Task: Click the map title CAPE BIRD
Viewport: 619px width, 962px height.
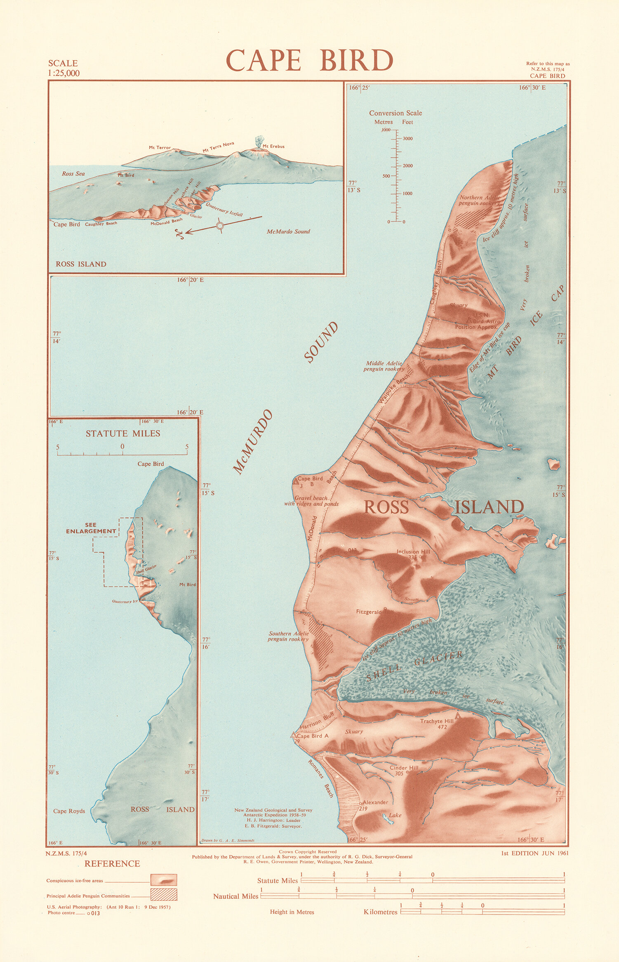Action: [x=309, y=60]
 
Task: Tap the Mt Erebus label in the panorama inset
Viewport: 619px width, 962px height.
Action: [x=273, y=146]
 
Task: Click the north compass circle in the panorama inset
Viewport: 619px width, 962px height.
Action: [x=220, y=225]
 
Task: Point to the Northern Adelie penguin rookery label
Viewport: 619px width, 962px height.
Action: [x=480, y=200]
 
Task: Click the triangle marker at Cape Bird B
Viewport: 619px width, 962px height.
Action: [x=295, y=481]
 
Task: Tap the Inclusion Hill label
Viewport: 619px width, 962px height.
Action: [x=413, y=552]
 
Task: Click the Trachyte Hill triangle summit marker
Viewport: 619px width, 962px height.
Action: [x=457, y=716]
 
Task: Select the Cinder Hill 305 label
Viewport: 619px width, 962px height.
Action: [x=404, y=770]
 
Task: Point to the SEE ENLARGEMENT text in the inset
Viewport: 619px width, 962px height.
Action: [x=91, y=528]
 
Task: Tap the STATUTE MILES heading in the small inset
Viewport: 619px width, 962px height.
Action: [x=123, y=434]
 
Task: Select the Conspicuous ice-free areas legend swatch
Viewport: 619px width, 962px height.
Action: [x=164, y=880]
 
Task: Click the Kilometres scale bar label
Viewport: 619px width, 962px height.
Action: [x=380, y=912]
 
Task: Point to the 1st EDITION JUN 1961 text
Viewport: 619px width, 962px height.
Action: [x=534, y=853]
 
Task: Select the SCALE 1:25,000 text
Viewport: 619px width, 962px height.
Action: [x=64, y=68]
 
